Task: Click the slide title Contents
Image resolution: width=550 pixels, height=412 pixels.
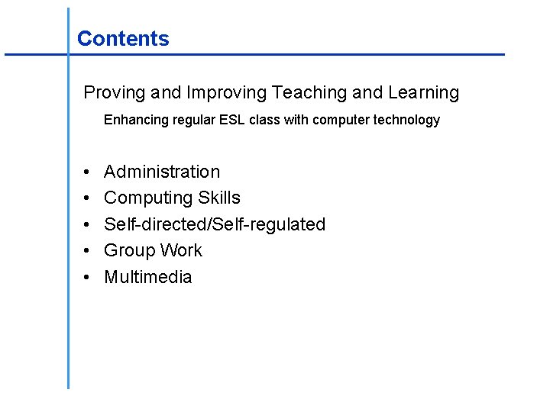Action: tap(123, 39)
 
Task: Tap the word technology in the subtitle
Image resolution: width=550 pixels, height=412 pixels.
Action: tap(406, 120)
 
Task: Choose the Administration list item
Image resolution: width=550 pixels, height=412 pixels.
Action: tap(162, 172)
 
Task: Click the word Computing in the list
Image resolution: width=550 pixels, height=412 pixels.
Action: tap(147, 198)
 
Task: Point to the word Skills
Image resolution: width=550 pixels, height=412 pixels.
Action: tap(219, 198)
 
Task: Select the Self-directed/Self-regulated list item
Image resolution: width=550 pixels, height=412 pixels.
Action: tap(215, 224)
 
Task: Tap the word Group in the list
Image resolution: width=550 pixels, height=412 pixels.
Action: tap(127, 251)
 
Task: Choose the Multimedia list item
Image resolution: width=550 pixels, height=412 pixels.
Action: tap(147, 277)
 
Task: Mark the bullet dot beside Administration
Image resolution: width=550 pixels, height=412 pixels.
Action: tap(87, 172)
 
